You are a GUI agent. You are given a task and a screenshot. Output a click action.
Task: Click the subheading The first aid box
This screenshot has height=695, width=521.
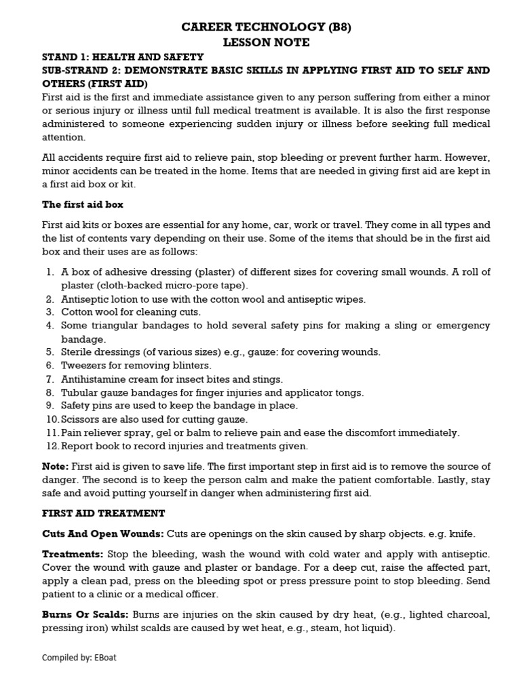click(83, 204)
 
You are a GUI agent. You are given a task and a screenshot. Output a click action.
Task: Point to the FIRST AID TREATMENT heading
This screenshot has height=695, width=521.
click(103, 513)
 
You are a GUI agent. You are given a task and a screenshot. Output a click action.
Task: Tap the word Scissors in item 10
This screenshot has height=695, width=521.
click(79, 419)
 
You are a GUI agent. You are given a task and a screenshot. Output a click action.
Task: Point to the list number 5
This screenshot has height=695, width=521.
click(50, 352)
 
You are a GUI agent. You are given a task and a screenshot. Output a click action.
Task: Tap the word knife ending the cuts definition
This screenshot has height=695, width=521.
click(461, 534)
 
